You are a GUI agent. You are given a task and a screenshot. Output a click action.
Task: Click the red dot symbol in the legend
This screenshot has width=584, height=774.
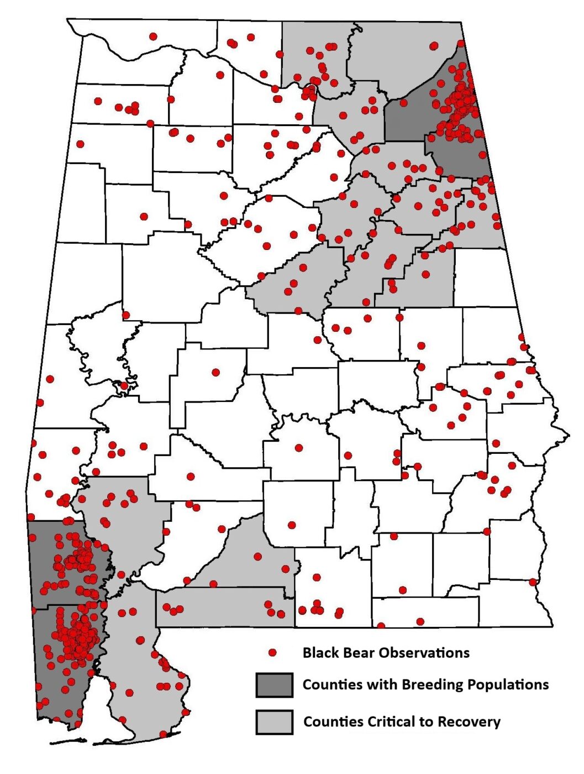click(272, 653)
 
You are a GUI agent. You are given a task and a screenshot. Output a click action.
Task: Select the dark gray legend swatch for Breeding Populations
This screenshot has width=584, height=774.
click(274, 685)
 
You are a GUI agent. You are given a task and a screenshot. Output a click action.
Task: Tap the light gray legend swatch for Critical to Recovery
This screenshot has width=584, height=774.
click(274, 722)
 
